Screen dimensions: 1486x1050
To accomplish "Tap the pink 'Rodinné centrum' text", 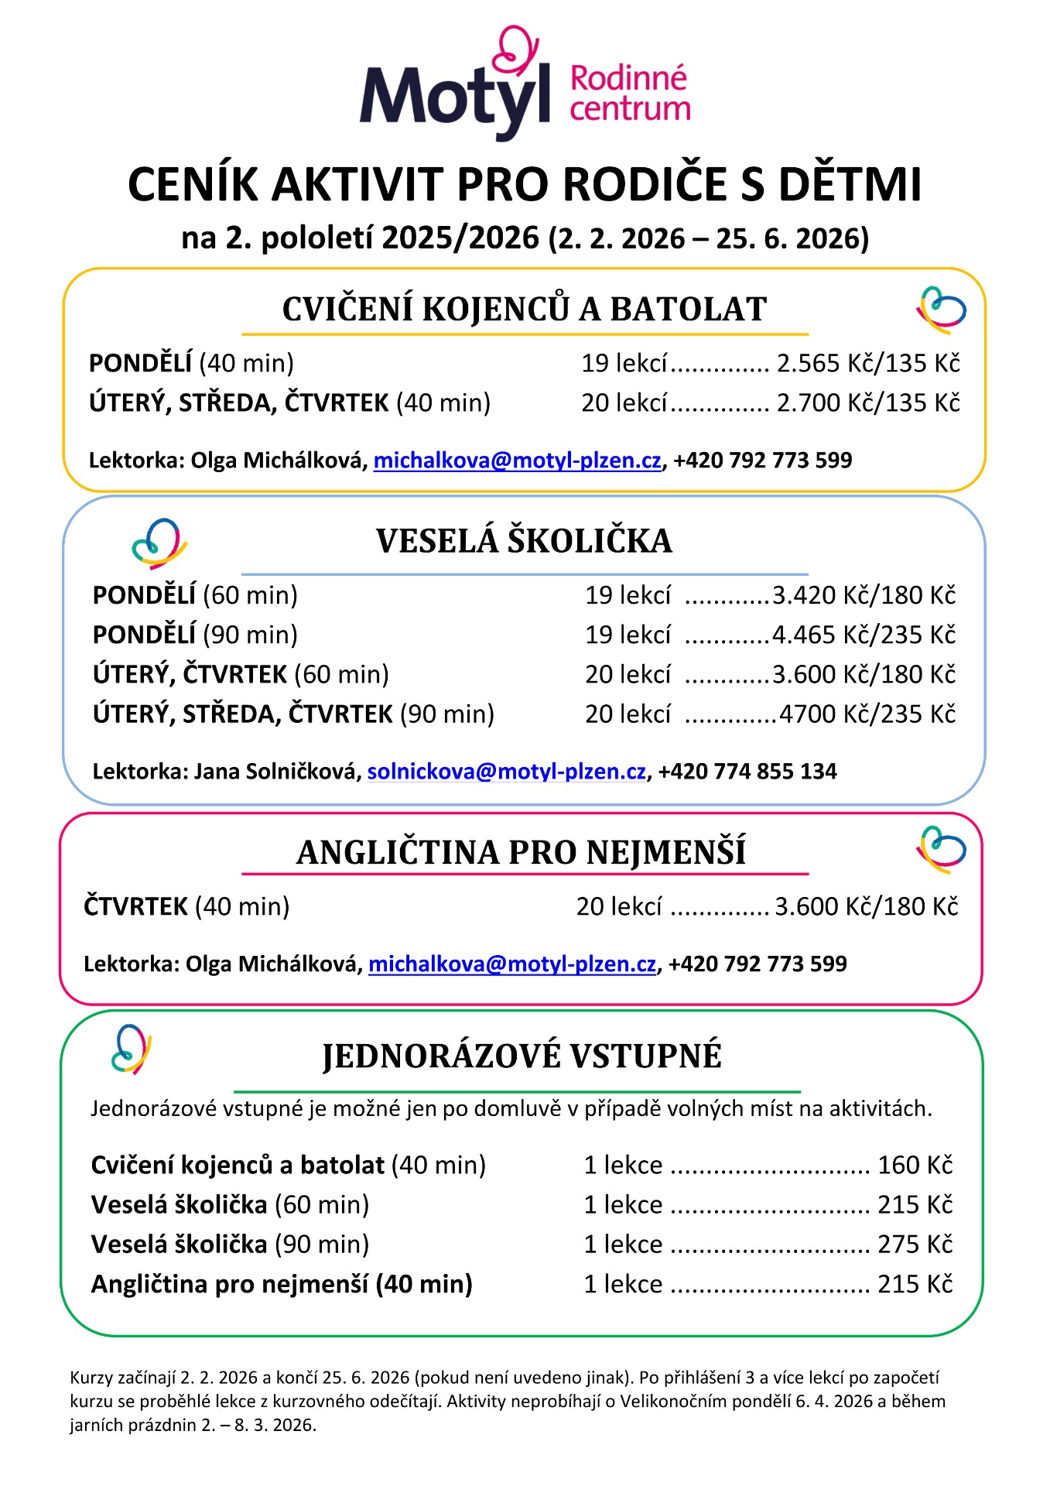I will (628, 94).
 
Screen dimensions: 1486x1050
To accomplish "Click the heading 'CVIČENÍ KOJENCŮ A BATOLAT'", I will (524, 310).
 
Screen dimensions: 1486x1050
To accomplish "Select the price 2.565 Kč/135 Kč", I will (867, 363).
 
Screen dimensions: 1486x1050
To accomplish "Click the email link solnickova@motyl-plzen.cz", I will (506, 772).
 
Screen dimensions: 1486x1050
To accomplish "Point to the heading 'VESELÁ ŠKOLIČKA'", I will (524, 541).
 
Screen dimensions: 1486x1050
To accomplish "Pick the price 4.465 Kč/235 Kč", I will (864, 635).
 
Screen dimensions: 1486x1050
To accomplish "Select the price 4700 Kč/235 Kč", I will (867, 714).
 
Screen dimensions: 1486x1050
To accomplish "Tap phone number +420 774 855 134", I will (747, 772).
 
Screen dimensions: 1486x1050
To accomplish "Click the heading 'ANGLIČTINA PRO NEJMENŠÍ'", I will (521, 852).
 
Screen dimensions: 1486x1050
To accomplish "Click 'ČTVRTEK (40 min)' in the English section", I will (186, 906).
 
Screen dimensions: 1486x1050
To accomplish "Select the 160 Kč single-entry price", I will (915, 1165).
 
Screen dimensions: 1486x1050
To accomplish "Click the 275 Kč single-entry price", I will (915, 1244).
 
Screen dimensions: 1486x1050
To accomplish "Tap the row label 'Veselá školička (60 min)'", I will (230, 1204).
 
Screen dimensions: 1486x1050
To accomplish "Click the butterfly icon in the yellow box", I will (941, 310).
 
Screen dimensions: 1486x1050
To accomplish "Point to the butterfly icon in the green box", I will (132, 1049).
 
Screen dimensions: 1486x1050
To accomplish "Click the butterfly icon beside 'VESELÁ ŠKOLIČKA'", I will (159, 543).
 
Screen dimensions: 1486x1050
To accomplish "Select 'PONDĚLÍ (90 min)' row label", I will (195, 635).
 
